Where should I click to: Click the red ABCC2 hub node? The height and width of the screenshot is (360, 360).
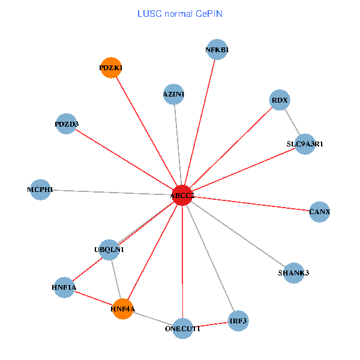(182, 195)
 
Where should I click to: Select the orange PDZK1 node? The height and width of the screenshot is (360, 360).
(111, 68)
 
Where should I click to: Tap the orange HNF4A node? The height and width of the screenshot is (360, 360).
(122, 309)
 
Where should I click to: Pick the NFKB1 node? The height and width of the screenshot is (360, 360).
(217, 50)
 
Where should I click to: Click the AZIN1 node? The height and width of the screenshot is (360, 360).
(173, 94)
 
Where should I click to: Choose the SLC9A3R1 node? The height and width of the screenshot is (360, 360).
(305, 143)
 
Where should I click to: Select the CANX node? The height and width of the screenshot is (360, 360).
(319, 211)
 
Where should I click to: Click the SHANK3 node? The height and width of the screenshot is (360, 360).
(294, 273)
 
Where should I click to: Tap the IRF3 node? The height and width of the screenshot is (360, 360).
(238, 321)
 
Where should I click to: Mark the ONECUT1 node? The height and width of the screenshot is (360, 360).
(183, 328)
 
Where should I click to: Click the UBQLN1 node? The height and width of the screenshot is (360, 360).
(109, 249)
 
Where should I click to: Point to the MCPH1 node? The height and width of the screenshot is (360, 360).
(40, 190)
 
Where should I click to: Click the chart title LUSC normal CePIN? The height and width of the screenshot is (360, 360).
(180, 13)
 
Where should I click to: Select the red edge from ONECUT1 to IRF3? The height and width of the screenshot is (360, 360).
(211, 325)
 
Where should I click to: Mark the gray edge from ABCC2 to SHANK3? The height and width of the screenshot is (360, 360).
(238, 234)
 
